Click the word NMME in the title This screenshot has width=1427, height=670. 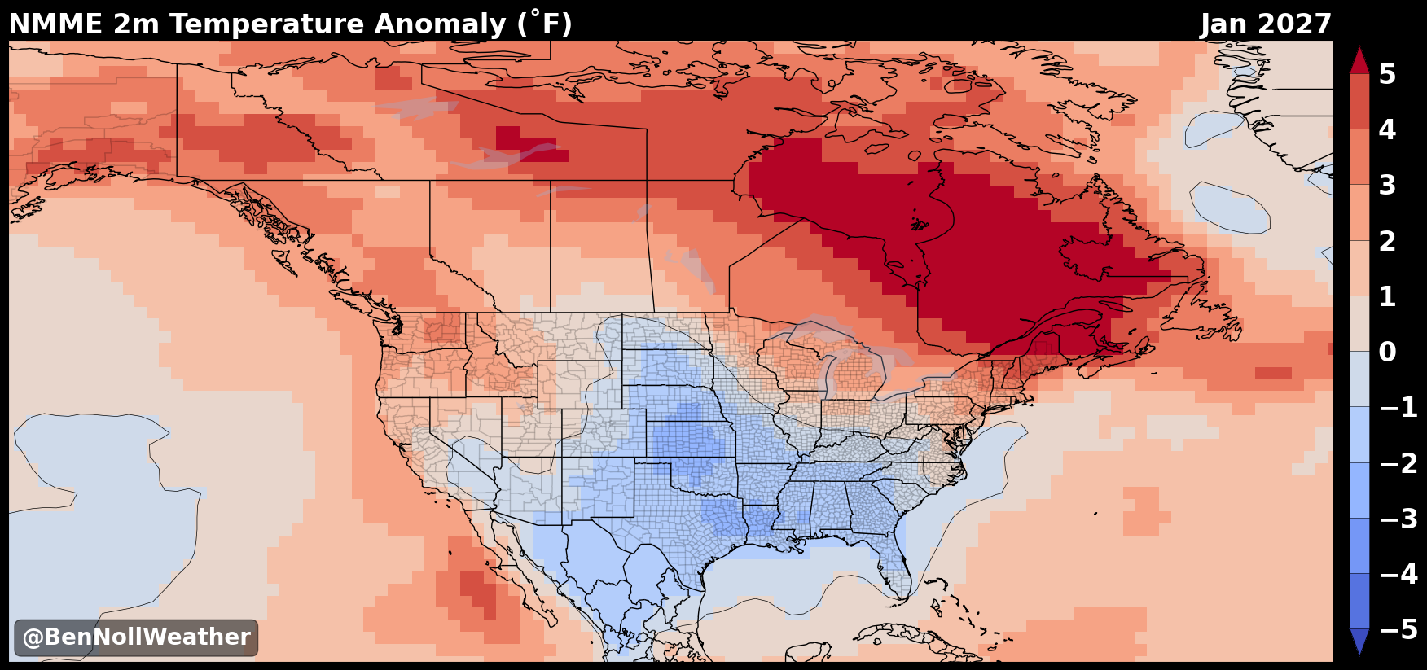[x=56, y=24]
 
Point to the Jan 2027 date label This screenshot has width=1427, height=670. [x=1266, y=24]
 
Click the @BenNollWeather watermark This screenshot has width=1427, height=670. [x=136, y=637]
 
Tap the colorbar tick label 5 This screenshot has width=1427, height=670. [x=1387, y=74]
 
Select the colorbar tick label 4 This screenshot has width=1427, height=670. [x=1387, y=129]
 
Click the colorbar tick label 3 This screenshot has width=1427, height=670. [x=1387, y=185]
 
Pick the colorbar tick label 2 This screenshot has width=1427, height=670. [x=1387, y=241]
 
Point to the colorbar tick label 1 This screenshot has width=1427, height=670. [x=1387, y=296]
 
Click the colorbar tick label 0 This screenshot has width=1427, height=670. [x=1387, y=352]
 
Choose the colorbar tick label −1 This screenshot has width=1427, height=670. [x=1398, y=407]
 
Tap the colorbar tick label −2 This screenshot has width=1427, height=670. [x=1398, y=463]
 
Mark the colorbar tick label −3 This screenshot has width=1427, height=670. [x=1398, y=519]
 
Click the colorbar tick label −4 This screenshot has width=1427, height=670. [x=1398, y=574]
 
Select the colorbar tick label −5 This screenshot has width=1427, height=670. [x=1398, y=629]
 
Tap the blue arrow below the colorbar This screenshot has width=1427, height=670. [x=1359, y=639]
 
